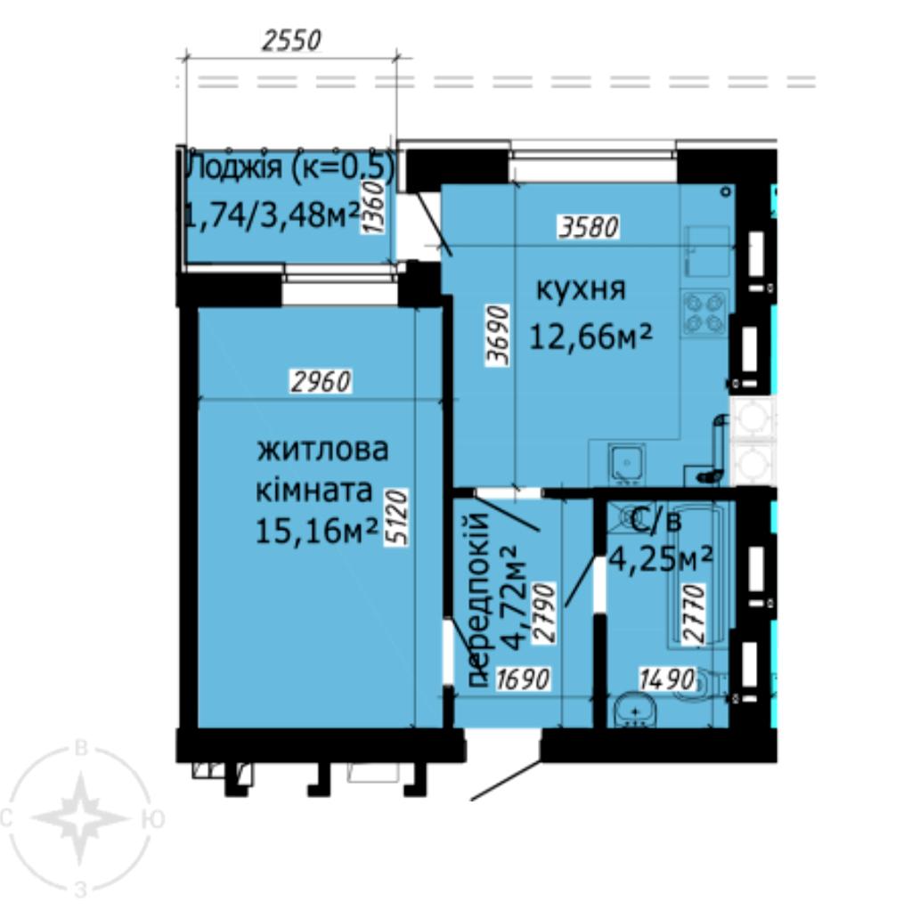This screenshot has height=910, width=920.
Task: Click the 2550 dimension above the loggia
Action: (291, 40)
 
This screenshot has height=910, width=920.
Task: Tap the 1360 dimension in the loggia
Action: (373, 207)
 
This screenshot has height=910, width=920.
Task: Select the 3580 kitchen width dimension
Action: (589, 227)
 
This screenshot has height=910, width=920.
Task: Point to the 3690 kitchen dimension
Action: (498, 336)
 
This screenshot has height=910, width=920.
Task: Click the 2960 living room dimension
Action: (322, 382)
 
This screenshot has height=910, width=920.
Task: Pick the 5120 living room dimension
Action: (396, 518)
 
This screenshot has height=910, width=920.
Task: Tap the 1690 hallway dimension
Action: (523, 679)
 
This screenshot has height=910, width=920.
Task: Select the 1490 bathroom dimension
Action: (667, 679)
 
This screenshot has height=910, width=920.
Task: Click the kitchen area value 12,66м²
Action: (590, 337)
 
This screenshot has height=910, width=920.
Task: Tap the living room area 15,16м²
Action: (315, 531)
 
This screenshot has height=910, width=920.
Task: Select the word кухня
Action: (581, 289)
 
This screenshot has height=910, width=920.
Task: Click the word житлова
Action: (322, 450)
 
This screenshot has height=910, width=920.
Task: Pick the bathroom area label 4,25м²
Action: (660, 558)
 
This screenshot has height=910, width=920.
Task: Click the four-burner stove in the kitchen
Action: (704, 313)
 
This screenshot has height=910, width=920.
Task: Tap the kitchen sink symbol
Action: (627, 461)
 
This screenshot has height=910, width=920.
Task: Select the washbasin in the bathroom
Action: (635, 711)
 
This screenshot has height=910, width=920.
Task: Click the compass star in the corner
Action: (80, 817)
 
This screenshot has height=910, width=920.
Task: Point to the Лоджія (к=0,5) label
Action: (289, 167)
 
